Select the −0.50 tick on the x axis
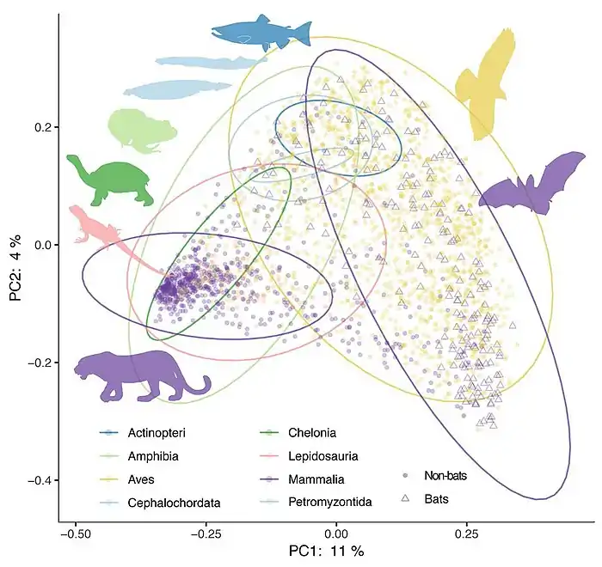tap(76, 533)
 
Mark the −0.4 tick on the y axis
tap(39, 479)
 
